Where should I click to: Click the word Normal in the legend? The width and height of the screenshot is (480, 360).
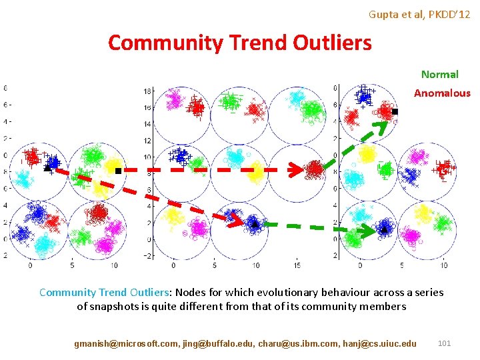click(439, 75)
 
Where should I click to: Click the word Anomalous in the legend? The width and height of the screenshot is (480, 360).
click(441, 93)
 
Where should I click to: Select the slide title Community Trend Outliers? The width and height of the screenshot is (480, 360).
click(239, 43)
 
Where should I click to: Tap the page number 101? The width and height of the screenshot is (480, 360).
click(444, 343)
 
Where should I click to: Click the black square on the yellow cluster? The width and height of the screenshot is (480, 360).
click(118, 171)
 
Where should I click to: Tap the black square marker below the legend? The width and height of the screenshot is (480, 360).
click(394, 112)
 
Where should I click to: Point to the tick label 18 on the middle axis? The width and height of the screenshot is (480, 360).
click(148, 91)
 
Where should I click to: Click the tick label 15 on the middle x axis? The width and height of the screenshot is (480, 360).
click(298, 265)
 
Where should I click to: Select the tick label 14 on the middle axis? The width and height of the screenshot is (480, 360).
click(148, 124)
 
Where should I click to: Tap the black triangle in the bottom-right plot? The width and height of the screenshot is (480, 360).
click(384, 229)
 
